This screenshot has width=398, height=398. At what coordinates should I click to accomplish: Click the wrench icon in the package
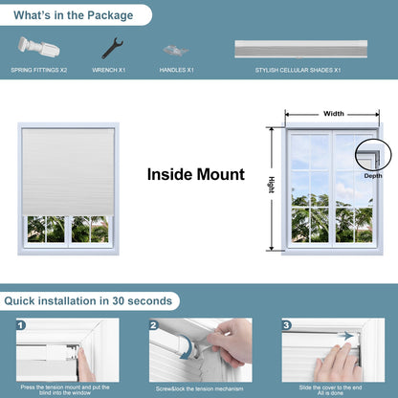pyautogui.click(x=112, y=48)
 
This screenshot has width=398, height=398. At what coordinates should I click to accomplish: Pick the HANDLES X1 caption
pyautogui.click(x=178, y=71)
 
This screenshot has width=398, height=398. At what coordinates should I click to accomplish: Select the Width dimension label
pyautogui.click(x=333, y=114)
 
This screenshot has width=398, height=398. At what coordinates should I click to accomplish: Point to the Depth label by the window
pyautogui.click(x=372, y=176)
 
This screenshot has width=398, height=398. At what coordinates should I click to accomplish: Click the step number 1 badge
pyautogui.click(x=21, y=325)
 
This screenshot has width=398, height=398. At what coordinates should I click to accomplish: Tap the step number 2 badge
pyautogui.click(x=153, y=325)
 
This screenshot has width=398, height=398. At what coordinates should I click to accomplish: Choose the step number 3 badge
pyautogui.click(x=286, y=325)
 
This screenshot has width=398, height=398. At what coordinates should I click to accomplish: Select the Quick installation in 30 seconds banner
pyautogui.click(x=88, y=300)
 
